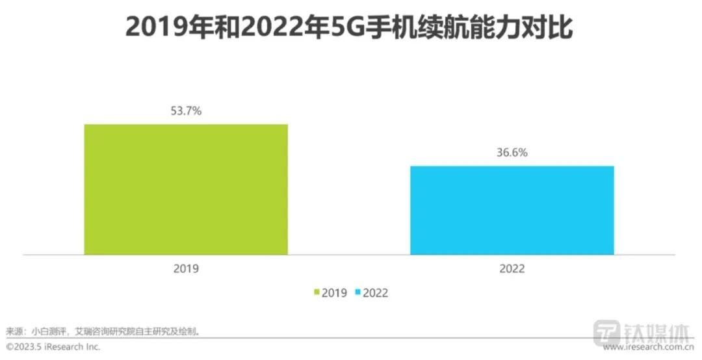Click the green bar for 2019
click(186, 189)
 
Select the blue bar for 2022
click(512, 210)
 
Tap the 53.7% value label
click(186, 111)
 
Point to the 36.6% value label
click(512, 153)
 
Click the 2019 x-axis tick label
click(186, 268)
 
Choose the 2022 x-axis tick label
click(512, 268)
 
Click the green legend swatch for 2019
click(317, 293)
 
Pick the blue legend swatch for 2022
click(357, 293)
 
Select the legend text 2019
click(335, 293)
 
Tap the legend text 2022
click(375, 293)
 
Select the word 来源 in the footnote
click(14, 331)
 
